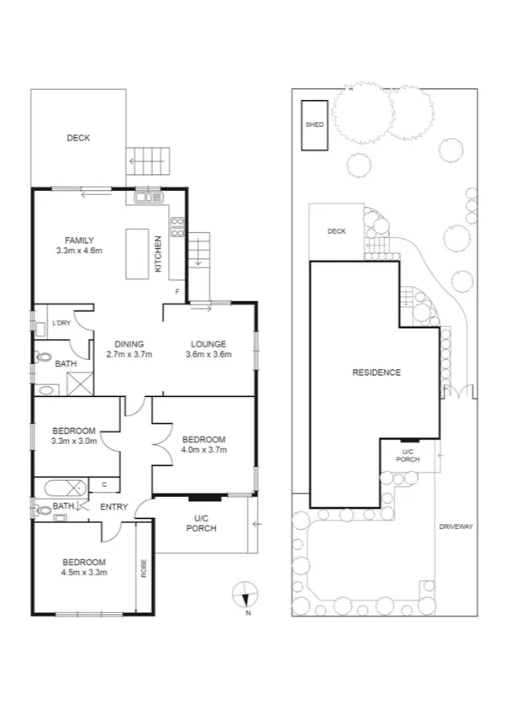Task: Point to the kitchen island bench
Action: (x=136, y=252)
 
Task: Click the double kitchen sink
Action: (x=148, y=198)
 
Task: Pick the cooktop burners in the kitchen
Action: (x=177, y=226)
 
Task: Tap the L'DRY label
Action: (x=60, y=324)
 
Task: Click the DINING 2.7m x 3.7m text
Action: (x=129, y=349)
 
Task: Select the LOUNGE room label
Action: (x=208, y=349)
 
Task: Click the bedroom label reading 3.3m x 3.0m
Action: (x=74, y=434)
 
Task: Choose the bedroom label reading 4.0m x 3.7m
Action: (x=204, y=445)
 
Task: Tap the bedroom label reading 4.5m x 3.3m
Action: (x=82, y=567)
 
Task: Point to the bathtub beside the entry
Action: (x=62, y=486)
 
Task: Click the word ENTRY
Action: (x=114, y=506)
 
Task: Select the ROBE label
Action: (x=144, y=568)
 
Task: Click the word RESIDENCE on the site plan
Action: (x=376, y=373)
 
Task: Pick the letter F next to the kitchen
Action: (x=176, y=292)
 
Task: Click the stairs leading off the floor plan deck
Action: (x=147, y=158)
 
